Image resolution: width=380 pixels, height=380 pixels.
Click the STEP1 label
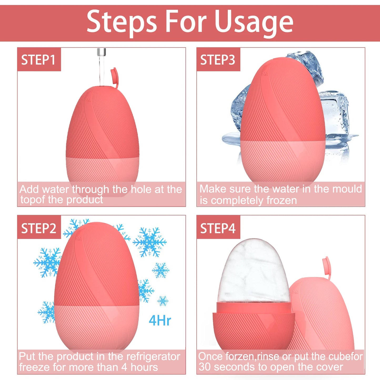[x=38, y=60]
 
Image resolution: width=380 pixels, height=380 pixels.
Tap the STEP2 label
[x=39, y=228]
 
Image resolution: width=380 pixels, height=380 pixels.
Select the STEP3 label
[x=218, y=60]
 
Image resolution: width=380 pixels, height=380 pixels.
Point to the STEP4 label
[x=218, y=228]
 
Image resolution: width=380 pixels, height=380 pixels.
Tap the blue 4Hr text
[x=160, y=321]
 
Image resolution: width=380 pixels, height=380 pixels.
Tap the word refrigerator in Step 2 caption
[x=153, y=357]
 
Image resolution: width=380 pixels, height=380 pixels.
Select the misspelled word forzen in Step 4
[x=240, y=357]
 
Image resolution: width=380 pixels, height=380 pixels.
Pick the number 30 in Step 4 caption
[x=205, y=367]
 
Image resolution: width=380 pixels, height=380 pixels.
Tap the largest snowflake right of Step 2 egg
[x=149, y=242]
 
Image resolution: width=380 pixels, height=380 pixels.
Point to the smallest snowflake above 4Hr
[x=163, y=301]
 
